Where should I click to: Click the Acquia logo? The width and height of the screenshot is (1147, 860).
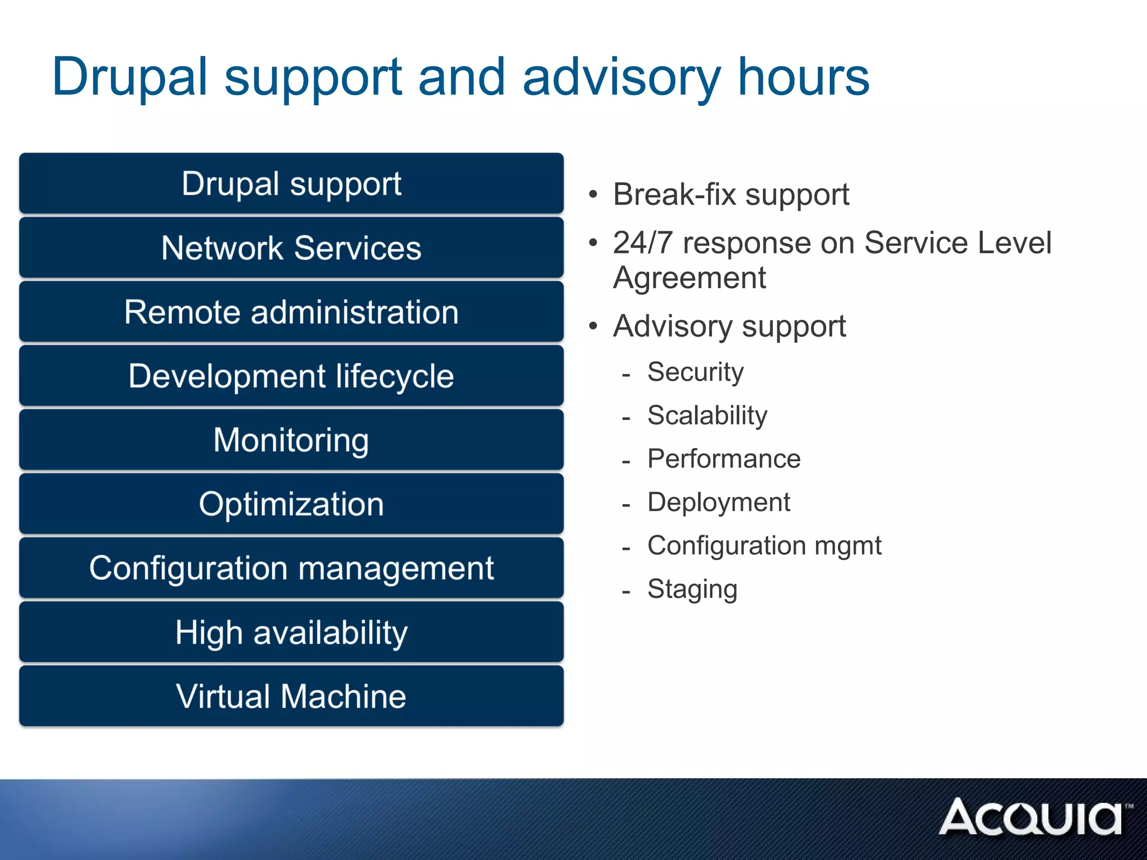(x=1033, y=817)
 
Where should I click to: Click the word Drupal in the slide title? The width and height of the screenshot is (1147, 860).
(x=130, y=77)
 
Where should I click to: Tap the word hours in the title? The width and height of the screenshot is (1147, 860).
(x=803, y=77)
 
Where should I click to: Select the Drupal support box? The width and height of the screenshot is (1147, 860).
(x=291, y=184)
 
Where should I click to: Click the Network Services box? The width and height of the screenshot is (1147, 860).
(x=291, y=248)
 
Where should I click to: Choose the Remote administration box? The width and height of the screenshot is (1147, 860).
(x=291, y=312)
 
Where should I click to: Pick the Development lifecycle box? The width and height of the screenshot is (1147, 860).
(x=291, y=376)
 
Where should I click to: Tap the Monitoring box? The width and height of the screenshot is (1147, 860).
(x=291, y=440)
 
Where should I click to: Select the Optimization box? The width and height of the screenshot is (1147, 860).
(x=291, y=504)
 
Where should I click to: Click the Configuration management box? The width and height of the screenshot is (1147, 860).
(x=291, y=568)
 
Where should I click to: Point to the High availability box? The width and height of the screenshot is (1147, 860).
(x=291, y=632)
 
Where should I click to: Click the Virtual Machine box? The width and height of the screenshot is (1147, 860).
(x=291, y=696)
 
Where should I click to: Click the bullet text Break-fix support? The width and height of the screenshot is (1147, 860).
(x=731, y=195)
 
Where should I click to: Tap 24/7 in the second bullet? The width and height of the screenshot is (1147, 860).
(x=642, y=243)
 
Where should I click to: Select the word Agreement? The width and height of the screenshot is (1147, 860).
(x=689, y=278)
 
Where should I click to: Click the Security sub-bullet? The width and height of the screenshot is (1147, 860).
(x=695, y=372)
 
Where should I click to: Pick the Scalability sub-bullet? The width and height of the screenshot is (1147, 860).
(x=707, y=415)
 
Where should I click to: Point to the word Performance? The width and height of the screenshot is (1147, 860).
(x=724, y=459)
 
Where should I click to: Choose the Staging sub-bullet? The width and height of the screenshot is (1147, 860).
(x=692, y=589)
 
